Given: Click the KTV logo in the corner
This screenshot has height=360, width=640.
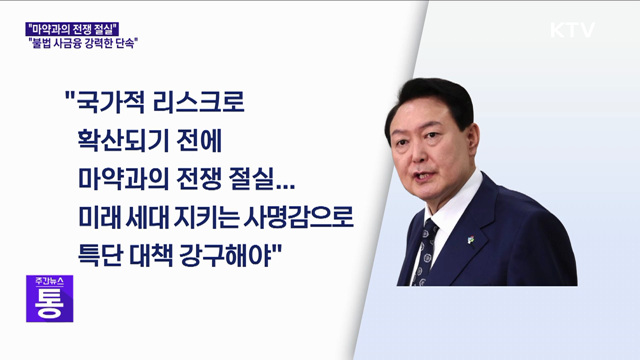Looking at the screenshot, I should tap(572, 30).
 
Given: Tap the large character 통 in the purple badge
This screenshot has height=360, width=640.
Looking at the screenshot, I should tap(50, 304).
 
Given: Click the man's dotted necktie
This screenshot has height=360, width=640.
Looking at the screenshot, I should tap(427, 249).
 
